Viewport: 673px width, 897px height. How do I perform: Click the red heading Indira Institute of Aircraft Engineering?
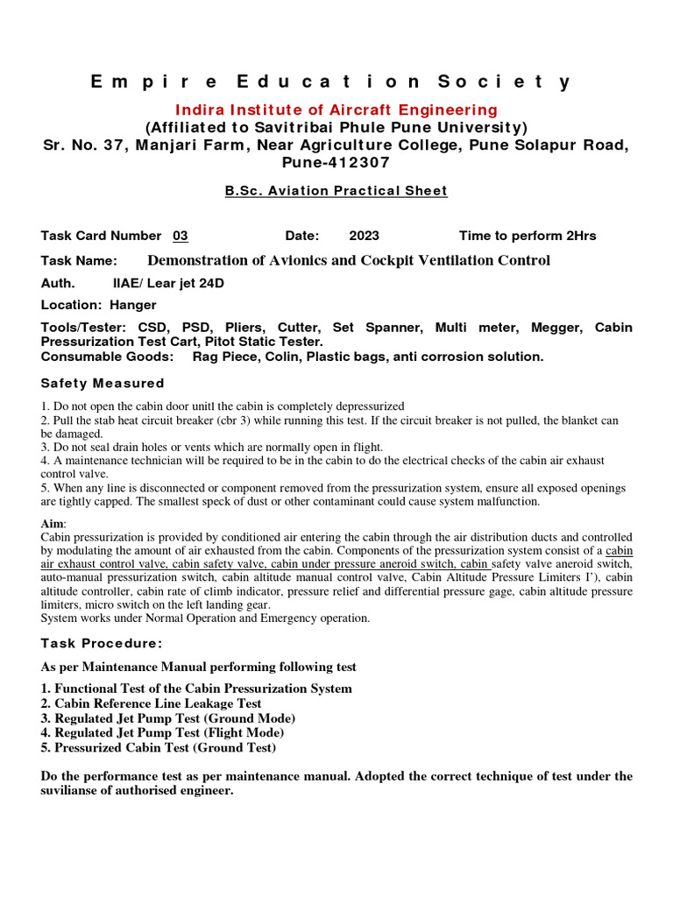(336, 109)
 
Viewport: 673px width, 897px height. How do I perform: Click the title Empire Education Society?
(330, 81)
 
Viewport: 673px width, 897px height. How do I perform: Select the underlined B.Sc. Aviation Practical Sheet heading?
(336, 191)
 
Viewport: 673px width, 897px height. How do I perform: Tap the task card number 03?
(181, 236)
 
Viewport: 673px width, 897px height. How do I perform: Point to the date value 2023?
(364, 236)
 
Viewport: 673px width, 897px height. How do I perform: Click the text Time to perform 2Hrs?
(528, 236)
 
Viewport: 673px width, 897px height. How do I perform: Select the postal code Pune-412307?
(336, 162)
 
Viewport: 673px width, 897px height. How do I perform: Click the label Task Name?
(79, 260)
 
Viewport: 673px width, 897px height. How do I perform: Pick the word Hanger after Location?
(133, 305)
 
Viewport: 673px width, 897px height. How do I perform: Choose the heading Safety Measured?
(103, 383)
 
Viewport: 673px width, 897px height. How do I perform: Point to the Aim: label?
(53, 523)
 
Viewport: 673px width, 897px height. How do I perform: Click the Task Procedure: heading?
(102, 643)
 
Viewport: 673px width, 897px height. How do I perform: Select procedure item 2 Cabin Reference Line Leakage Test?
(151, 703)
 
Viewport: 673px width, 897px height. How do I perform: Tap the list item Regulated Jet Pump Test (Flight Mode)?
(162, 732)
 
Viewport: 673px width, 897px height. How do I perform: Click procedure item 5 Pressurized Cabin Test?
(158, 747)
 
